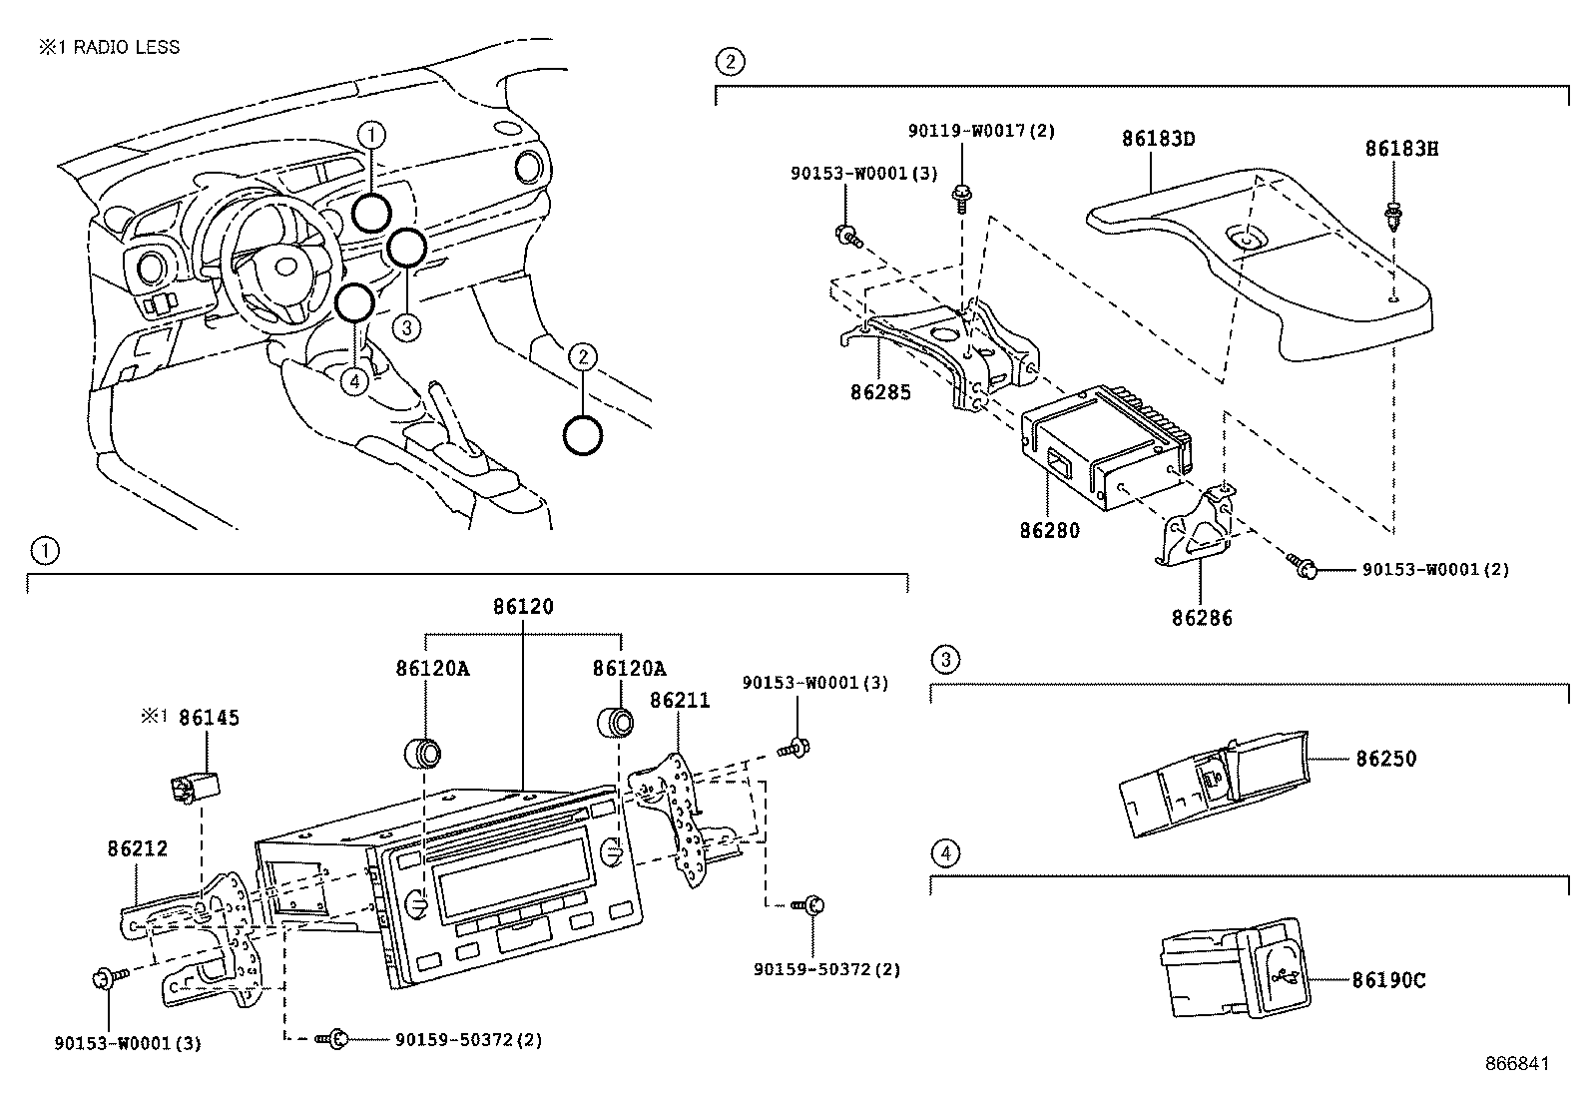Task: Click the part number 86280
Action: pos(1049,530)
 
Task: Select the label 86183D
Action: pos(1158,139)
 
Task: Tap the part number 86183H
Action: pos(1401,149)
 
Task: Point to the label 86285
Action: pos(880,392)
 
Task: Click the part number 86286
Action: pos(1202,618)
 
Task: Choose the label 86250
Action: pos(1385,759)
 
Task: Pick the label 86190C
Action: pos(1388,980)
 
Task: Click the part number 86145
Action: pos(209,718)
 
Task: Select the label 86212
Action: pos(138,848)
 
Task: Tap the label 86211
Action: pos(680,701)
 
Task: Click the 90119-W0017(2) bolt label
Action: pos(967,131)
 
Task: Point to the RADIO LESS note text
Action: pos(110,47)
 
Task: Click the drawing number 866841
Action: pos(1516,1064)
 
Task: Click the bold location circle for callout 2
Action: pos(583,435)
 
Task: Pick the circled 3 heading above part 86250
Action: pos(945,659)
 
